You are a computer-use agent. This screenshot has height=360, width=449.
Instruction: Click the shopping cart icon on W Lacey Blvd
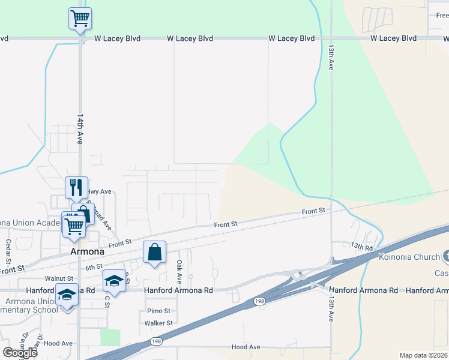tap(80, 18)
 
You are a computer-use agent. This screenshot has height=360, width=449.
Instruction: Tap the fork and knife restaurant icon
tap(76, 187)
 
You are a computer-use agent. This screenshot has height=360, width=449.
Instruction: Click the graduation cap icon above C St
tap(114, 281)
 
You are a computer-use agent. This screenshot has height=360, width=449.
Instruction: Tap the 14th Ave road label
tap(80, 129)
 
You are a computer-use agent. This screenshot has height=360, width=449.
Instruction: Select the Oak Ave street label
tap(179, 272)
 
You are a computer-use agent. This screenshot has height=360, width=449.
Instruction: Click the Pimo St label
tap(158, 311)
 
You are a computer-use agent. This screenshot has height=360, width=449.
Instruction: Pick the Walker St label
tap(158, 323)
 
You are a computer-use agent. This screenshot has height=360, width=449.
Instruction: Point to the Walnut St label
tap(59, 278)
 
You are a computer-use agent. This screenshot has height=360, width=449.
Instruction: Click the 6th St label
tap(94, 267)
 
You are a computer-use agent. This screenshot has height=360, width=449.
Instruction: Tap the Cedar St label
tap(8, 252)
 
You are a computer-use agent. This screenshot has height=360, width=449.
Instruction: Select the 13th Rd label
tap(362, 246)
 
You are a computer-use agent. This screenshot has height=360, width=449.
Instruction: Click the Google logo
tap(19, 353)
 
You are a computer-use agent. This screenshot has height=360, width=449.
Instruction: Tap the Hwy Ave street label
tap(100, 192)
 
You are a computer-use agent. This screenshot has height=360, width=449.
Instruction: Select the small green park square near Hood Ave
tap(110, 337)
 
